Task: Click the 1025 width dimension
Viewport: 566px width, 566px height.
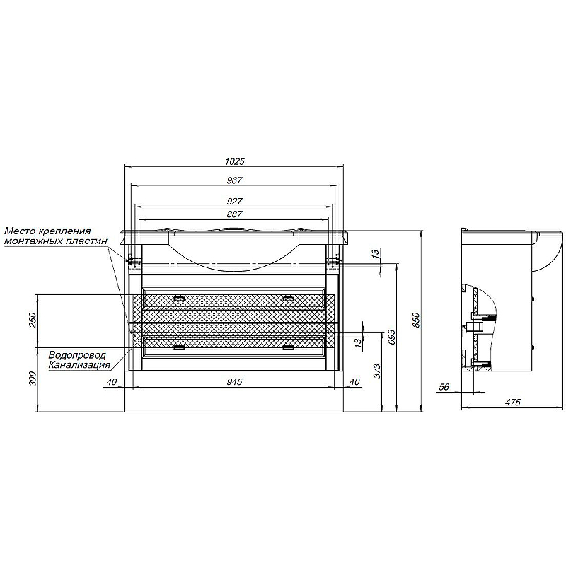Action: coord(235,161)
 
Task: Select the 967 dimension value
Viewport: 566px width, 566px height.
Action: coord(234,180)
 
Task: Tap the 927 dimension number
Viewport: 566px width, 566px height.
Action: coord(234,201)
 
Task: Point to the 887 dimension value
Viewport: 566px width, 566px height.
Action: coord(234,214)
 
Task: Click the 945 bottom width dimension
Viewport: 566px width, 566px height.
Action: coord(234,381)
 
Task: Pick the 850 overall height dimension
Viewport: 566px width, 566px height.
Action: coord(416,320)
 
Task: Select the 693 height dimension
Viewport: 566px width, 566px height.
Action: coord(392,337)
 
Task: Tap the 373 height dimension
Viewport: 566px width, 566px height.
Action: coord(376,371)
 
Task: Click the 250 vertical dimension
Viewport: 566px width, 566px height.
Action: coord(33,320)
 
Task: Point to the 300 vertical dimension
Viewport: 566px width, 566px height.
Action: coord(33,379)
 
